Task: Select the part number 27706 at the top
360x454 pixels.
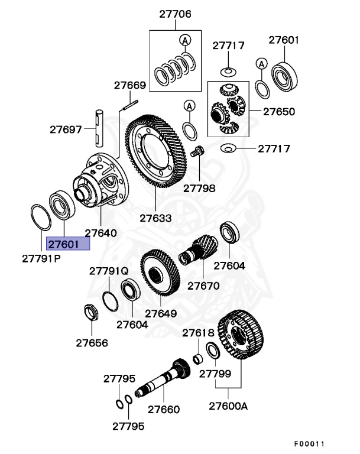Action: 174,14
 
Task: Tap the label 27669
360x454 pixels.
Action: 130,86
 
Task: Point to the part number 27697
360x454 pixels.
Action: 66,128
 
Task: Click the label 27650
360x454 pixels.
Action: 279,111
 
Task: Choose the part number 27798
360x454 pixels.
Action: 199,189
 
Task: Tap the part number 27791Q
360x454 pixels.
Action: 109,271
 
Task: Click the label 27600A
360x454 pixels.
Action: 228,406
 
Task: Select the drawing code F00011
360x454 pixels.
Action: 310,443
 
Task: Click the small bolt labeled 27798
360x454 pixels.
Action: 199,151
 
